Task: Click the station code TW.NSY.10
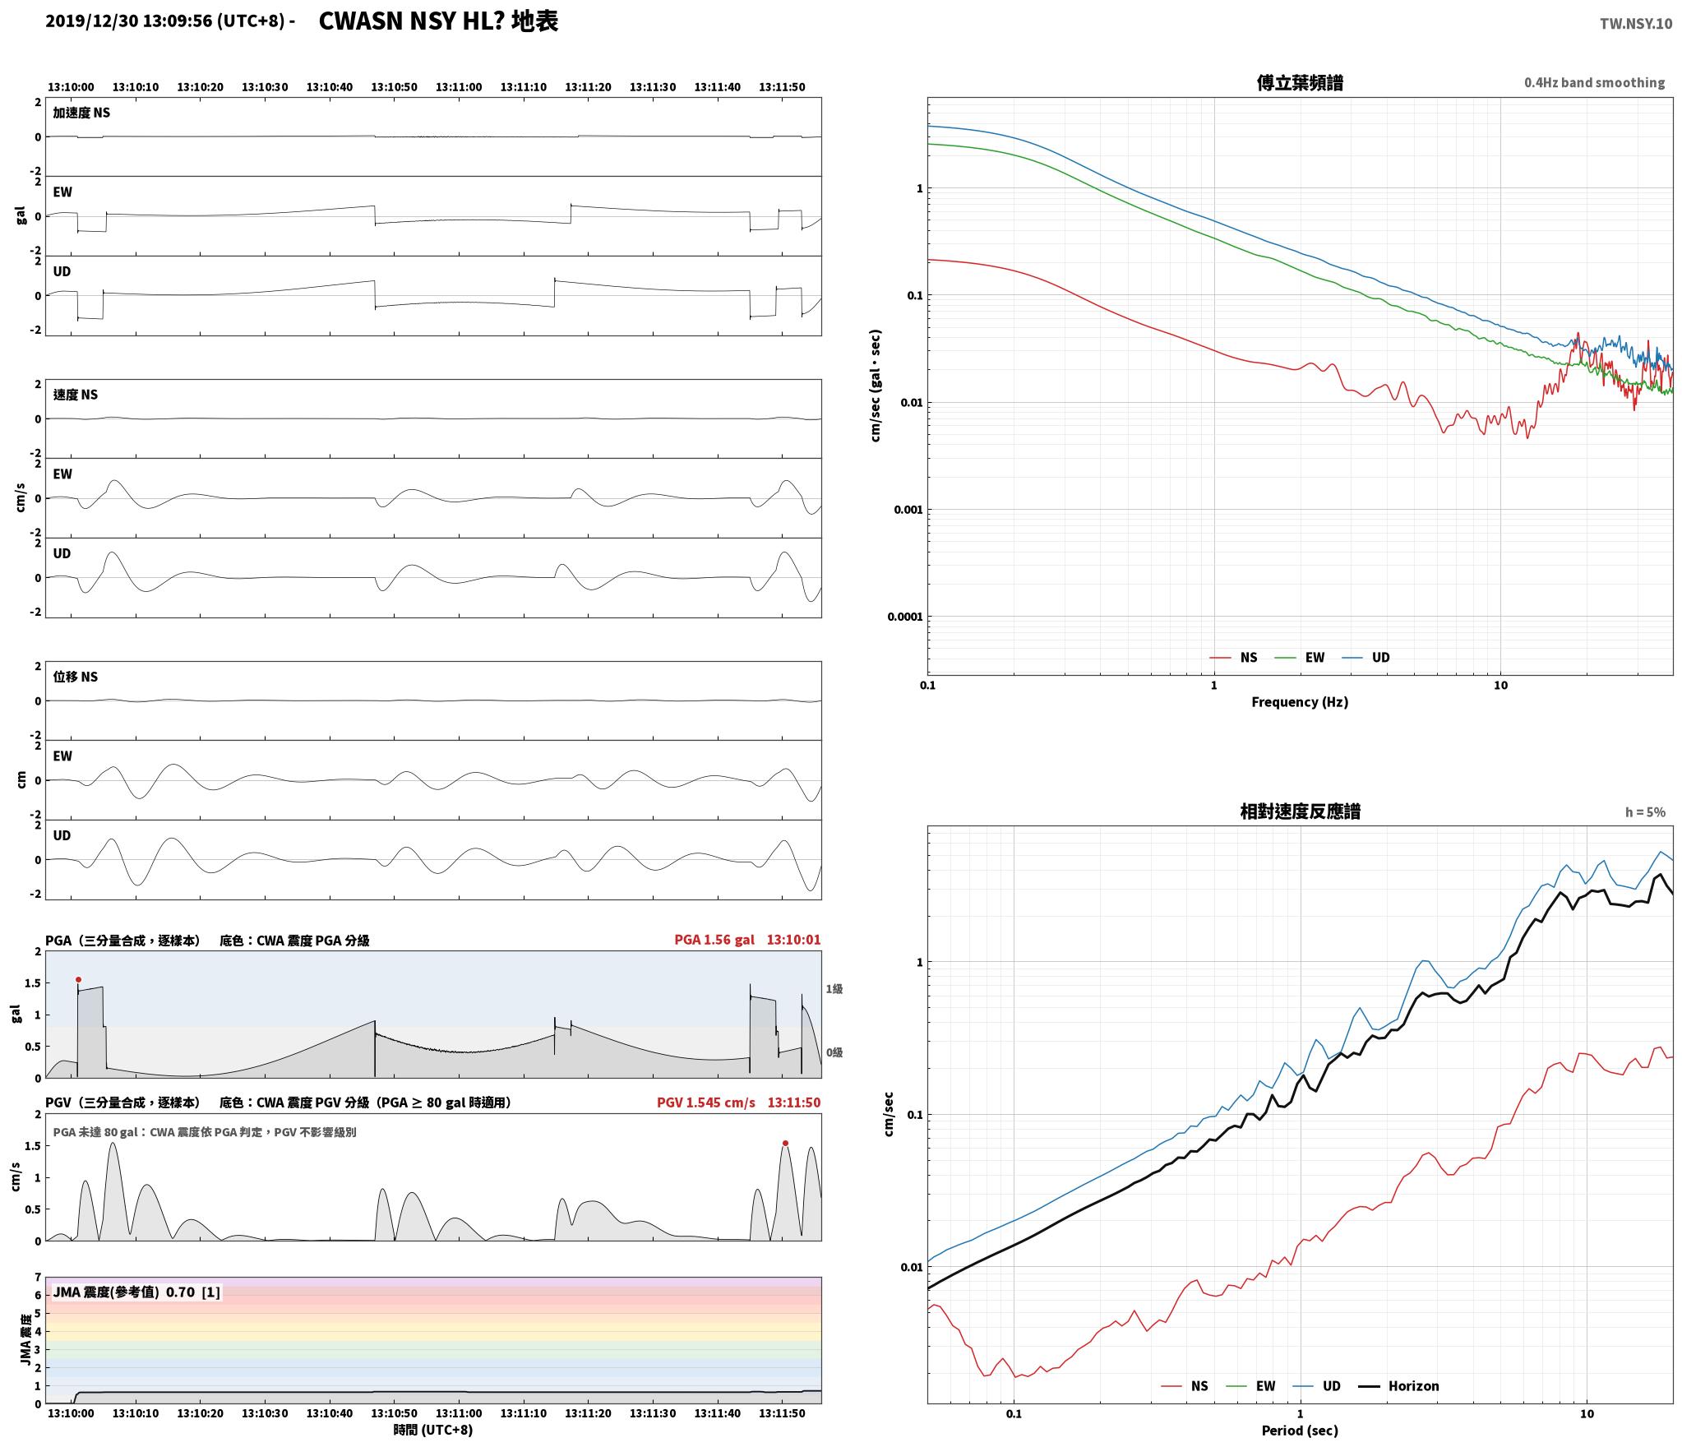(1635, 24)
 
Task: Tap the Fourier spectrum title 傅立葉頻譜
(1300, 82)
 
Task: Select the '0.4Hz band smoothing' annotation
(1594, 82)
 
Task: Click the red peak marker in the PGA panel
(78, 979)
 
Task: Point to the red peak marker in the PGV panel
(785, 1143)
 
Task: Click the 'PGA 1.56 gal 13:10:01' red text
(747, 939)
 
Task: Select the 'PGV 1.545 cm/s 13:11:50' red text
(738, 1102)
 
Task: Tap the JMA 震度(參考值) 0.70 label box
(136, 1292)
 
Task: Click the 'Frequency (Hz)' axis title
(1300, 701)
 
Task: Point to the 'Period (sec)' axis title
(1300, 1430)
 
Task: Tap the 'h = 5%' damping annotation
(1645, 811)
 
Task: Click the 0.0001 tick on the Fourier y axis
(904, 617)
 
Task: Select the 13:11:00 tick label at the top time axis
(459, 86)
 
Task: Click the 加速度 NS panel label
(81, 113)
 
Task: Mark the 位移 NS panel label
(76, 676)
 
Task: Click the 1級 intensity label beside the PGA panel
(834, 988)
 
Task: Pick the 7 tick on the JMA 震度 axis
(38, 1277)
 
